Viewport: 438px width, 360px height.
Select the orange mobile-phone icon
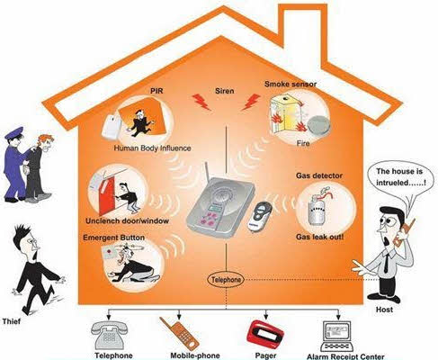point(179,333)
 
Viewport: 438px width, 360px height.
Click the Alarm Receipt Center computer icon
point(336,337)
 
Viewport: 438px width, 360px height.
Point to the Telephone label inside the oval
point(226,280)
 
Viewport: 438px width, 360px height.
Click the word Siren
point(225,91)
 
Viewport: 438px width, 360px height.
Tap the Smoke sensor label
point(291,84)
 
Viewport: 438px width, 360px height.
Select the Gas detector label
point(319,175)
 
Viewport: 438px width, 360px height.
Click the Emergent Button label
point(113,238)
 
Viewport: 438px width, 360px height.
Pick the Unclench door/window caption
point(127,221)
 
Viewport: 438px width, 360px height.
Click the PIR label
point(157,91)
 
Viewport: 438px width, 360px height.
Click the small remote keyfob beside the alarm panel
point(260,216)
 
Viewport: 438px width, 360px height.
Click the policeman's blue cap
point(14,132)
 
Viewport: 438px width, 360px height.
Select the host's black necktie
point(387,263)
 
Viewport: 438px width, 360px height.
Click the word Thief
point(12,321)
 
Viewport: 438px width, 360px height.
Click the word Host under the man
point(384,310)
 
